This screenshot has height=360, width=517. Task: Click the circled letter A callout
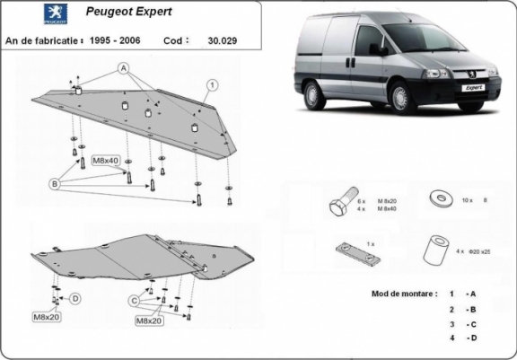coord(123,67)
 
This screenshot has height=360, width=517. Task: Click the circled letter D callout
coord(76,298)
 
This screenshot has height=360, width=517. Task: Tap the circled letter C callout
coord(133,299)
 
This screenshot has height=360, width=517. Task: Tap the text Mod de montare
coord(404,294)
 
